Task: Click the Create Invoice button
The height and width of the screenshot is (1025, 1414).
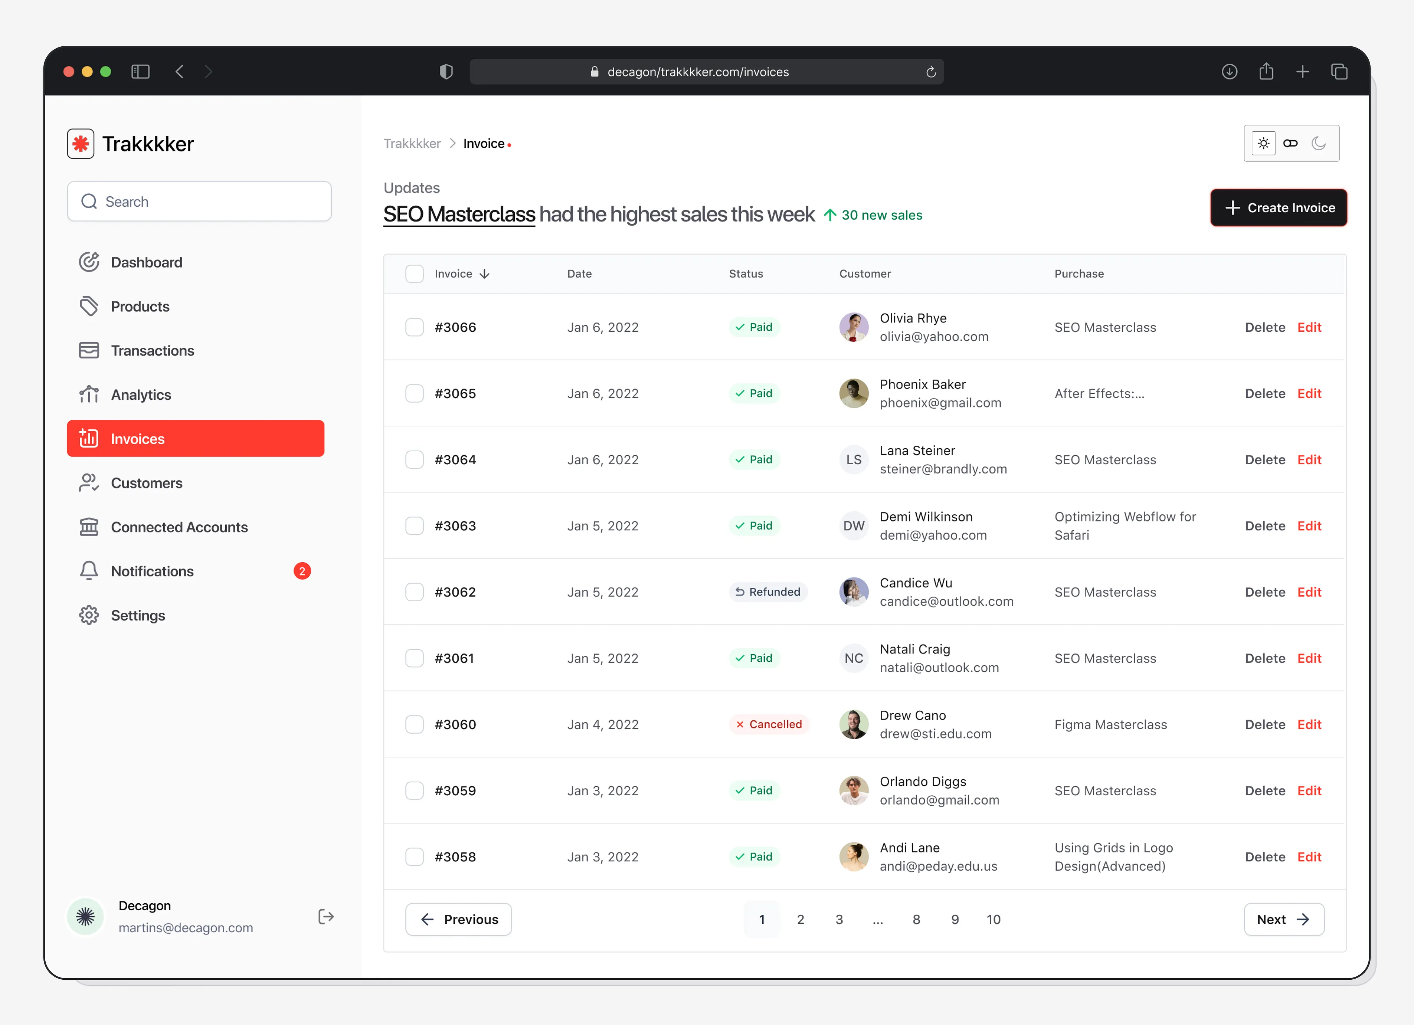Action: point(1278,207)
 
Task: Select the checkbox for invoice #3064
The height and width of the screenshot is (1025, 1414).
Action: point(415,459)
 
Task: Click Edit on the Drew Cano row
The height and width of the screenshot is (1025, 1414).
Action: point(1309,724)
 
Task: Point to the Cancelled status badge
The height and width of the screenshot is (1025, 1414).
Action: point(769,724)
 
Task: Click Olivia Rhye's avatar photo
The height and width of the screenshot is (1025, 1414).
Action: point(854,327)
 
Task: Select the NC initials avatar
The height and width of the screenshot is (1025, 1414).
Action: point(854,658)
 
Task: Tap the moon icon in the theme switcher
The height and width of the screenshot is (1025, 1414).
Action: point(1318,143)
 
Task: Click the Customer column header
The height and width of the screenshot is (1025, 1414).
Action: point(865,274)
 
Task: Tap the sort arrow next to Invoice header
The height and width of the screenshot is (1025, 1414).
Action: point(484,274)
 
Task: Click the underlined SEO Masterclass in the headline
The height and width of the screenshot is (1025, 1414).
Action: point(459,215)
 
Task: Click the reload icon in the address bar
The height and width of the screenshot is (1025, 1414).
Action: point(931,72)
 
